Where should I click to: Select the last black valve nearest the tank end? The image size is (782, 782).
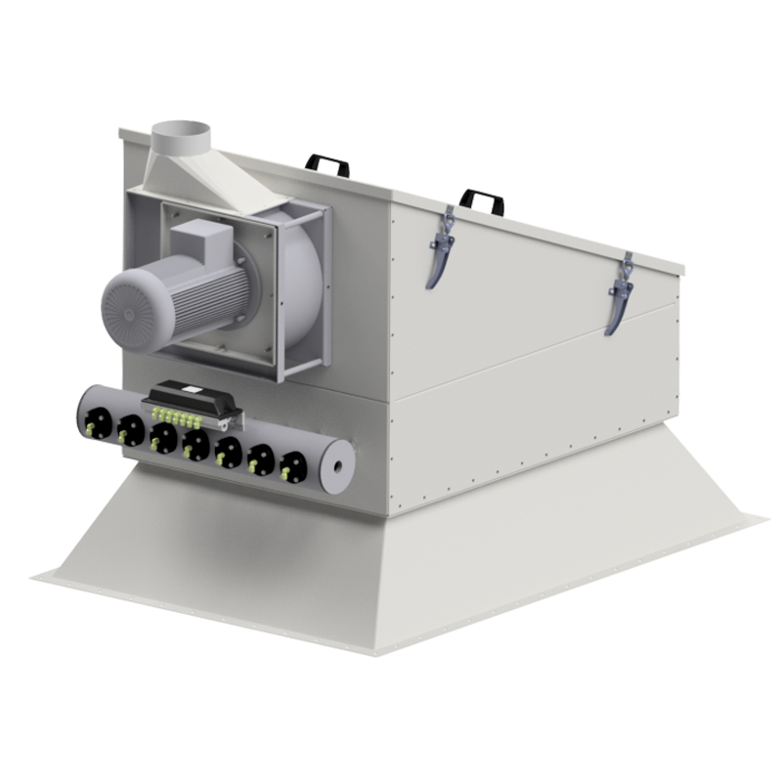(289, 467)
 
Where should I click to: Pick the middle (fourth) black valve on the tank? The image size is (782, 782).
(195, 445)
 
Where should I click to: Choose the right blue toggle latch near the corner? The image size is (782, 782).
(618, 293)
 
